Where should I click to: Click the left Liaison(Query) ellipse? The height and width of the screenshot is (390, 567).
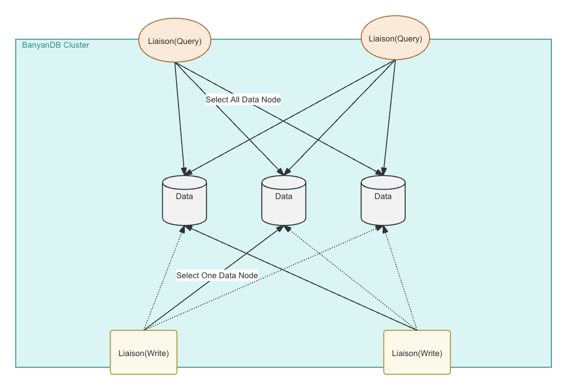point(174,41)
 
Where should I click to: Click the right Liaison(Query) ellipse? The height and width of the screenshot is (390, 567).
point(395,38)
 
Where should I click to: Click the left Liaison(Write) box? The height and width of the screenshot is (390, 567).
point(143,352)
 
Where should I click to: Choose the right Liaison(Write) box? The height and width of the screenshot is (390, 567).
point(417,352)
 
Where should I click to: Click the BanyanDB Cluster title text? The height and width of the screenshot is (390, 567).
point(55,45)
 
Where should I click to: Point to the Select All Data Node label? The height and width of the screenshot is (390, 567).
point(243,99)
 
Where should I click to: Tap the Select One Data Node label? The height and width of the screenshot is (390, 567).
point(217,275)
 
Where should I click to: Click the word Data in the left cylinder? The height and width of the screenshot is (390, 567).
point(184,196)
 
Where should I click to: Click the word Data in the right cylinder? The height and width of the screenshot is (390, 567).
point(383,196)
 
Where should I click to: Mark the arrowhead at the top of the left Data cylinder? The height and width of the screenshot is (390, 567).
point(185,171)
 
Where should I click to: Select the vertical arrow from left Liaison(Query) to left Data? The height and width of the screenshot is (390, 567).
point(180,119)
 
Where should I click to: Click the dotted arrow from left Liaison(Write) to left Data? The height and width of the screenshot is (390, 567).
point(163,279)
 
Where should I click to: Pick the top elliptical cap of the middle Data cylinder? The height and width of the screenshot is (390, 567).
point(283,182)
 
